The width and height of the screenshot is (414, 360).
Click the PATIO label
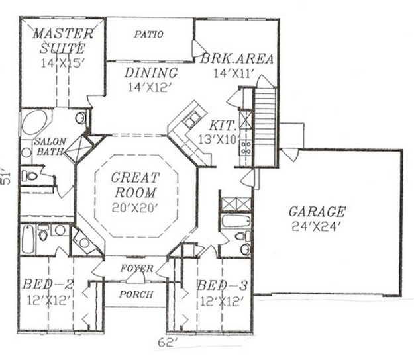tap(148, 34)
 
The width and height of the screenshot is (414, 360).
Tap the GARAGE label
tap(317, 212)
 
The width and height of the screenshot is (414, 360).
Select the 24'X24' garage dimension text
tap(315, 226)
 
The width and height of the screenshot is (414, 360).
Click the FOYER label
tap(136, 269)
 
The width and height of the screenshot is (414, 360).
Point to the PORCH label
tap(136, 294)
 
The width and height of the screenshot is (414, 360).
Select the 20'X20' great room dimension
tap(135, 208)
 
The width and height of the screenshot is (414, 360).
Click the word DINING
tap(151, 73)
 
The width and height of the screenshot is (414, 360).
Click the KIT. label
tap(223, 126)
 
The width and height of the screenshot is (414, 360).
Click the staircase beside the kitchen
tap(265, 127)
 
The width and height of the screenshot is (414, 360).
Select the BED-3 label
tap(223, 285)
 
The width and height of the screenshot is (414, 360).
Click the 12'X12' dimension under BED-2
tap(49, 300)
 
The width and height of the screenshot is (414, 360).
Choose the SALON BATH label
tap(50, 146)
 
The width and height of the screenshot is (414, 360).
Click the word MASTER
tap(63, 34)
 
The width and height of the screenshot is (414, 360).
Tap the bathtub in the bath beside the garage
tap(236, 221)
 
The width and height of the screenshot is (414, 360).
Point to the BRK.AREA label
tap(236, 58)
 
